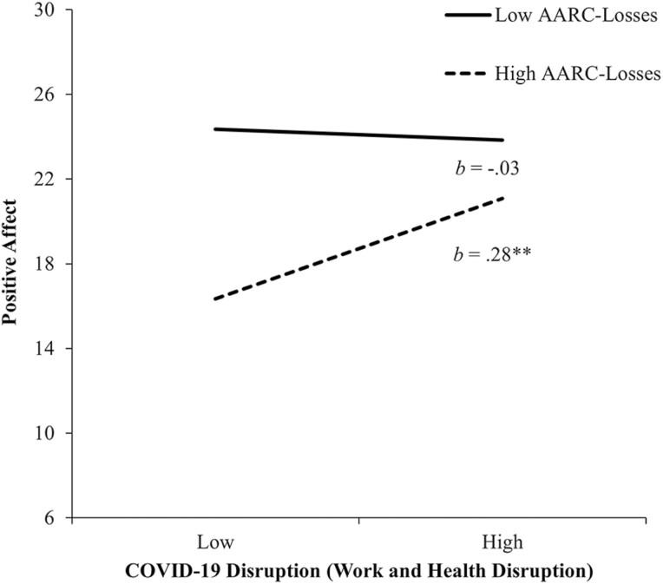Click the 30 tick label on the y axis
[49, 10]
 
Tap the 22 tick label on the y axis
[49, 179]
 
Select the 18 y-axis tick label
[49, 264]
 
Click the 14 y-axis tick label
[49, 348]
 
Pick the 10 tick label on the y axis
[49, 433]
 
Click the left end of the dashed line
[213, 299]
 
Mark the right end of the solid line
[502, 140]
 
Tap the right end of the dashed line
[502, 198]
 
